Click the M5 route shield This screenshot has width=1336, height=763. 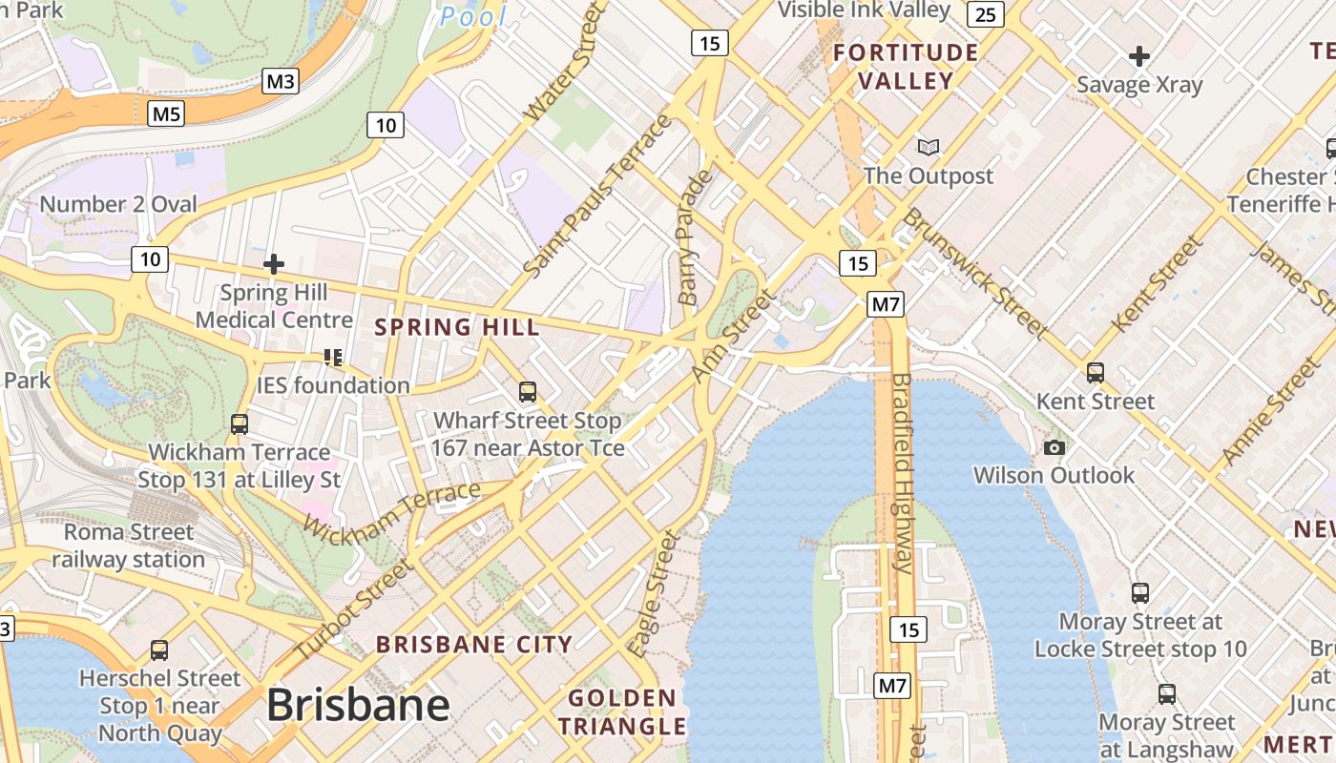[x=166, y=114]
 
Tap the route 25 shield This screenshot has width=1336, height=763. [x=986, y=13]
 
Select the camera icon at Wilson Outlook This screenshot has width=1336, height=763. [x=1054, y=447]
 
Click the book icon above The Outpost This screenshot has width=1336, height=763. [x=928, y=147]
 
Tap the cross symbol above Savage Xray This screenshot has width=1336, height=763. [x=1138, y=56]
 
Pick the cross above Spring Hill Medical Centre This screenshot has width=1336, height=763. [x=274, y=263]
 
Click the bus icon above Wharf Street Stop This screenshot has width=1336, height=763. [x=527, y=391]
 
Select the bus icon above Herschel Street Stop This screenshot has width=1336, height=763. [x=159, y=650]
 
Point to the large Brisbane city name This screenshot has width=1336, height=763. [x=358, y=705]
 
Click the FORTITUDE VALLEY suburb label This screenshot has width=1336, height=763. [x=906, y=67]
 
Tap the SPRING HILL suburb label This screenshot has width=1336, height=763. [x=457, y=327]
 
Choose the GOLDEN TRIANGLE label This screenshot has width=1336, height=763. [x=622, y=712]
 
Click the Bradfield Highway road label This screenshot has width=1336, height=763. [x=902, y=472]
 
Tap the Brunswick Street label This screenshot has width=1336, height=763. [x=975, y=272]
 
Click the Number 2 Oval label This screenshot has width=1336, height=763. [x=118, y=204]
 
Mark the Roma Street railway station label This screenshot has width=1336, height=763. [x=128, y=546]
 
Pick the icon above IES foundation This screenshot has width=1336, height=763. [x=333, y=358]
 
